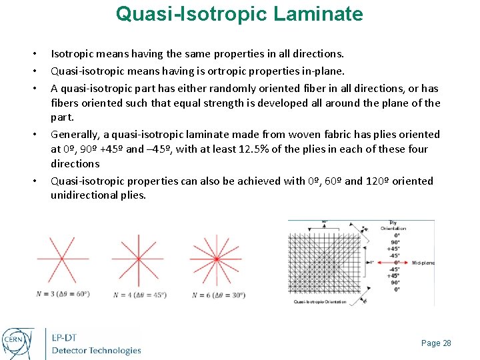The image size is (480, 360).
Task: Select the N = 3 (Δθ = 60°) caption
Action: coord(63,295)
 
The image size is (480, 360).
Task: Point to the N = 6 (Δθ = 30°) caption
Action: coord(218,295)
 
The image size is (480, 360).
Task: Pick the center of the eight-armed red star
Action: coord(137,259)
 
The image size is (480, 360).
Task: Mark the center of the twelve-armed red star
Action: coord(215,259)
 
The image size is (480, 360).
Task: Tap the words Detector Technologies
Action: coord(97,351)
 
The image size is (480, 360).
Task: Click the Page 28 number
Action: coord(436,343)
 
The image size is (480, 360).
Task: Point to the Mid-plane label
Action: coord(423,263)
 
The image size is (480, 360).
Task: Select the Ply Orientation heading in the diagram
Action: coord(393,225)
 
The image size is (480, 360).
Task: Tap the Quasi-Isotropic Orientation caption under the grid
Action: coord(320,302)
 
